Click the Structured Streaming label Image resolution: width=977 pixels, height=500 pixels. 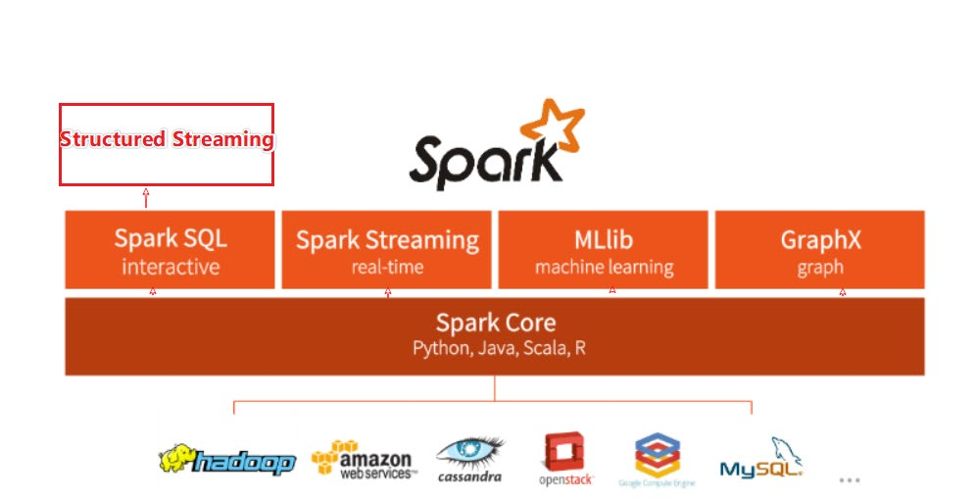pos(167,139)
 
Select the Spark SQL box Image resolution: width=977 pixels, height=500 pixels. pos(171,250)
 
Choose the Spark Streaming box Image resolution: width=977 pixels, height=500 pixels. pos(387,250)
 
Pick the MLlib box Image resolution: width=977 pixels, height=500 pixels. pos(604,250)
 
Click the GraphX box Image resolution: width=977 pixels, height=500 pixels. pos(819,250)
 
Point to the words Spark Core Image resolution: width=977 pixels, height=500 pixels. pos(495,323)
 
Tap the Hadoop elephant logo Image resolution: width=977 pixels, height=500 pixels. pos(226,460)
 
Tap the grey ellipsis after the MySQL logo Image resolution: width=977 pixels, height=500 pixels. pos(850,479)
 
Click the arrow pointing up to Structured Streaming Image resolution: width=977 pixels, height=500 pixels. pos(146,197)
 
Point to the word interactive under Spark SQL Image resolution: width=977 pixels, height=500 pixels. pos(171,267)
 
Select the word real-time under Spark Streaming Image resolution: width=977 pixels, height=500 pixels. pos(387,267)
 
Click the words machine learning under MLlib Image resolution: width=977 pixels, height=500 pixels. pos(604,267)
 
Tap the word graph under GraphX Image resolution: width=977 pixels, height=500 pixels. pos(819,267)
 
